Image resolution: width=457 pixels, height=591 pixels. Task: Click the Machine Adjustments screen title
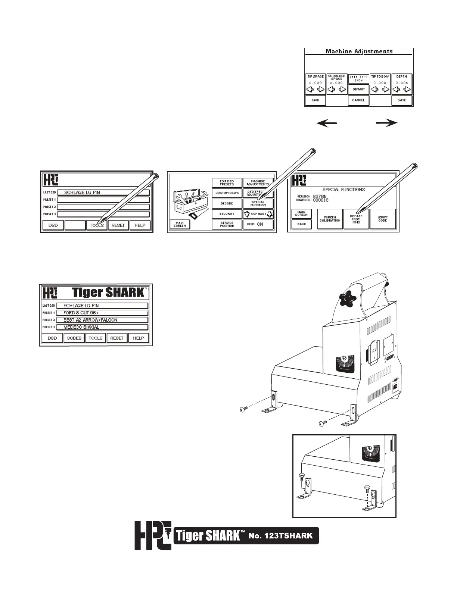359,51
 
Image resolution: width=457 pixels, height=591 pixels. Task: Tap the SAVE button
402,100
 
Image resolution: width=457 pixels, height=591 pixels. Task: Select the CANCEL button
358,100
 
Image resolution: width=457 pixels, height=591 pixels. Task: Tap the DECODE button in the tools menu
227,203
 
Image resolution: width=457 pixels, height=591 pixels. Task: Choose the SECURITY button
227,214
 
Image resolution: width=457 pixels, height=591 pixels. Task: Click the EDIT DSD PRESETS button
227,183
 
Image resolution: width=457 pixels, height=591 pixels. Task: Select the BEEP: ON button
258,225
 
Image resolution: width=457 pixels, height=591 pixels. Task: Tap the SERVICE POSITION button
227,224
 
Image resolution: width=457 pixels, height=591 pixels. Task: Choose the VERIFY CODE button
383,219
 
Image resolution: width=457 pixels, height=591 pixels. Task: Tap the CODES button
74,338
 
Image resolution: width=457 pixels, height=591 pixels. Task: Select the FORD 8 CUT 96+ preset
102,313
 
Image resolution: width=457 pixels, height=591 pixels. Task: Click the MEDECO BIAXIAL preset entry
102,327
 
